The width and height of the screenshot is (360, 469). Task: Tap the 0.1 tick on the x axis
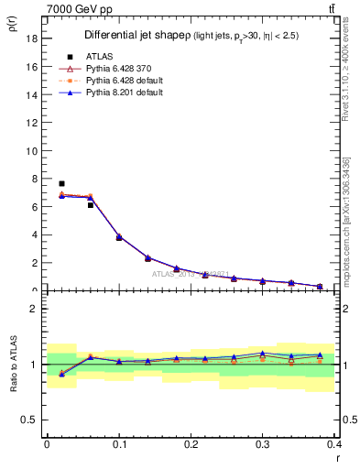point(119,443)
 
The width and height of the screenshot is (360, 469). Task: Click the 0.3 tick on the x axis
point(263,443)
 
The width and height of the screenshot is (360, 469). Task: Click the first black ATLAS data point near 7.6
point(61,183)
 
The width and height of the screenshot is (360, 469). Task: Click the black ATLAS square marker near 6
point(90,205)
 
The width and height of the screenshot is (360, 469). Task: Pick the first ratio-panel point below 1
point(61,374)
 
